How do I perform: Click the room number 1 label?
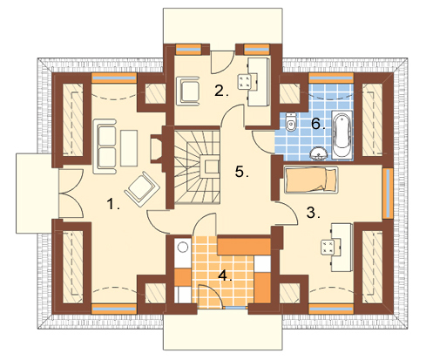(113, 204)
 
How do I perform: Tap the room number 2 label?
(221, 91)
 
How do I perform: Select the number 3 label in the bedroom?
(314, 213)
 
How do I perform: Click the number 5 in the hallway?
(241, 172)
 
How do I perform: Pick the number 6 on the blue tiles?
(318, 124)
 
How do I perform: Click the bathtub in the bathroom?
(342, 135)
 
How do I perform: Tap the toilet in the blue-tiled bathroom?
(291, 122)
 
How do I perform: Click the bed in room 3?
(311, 180)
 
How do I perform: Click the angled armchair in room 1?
(142, 189)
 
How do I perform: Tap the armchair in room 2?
(188, 90)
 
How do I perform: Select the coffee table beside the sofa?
(129, 148)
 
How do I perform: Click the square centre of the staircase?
(211, 166)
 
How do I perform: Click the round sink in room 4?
(183, 248)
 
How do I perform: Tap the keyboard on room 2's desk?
(243, 82)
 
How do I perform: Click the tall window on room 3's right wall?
(387, 194)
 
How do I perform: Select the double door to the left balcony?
(71, 193)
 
